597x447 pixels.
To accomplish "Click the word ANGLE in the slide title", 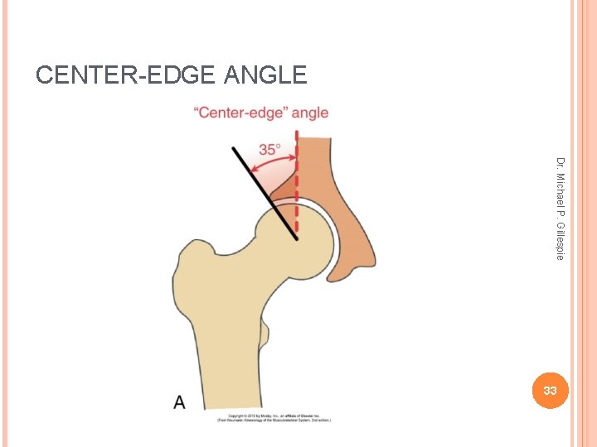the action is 265,75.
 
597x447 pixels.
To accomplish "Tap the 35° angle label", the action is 270,149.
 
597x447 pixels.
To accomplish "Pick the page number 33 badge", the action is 549,390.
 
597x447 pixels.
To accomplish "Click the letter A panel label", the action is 179,403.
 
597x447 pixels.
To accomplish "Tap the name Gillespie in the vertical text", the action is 561,239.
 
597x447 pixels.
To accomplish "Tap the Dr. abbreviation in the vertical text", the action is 561,163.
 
